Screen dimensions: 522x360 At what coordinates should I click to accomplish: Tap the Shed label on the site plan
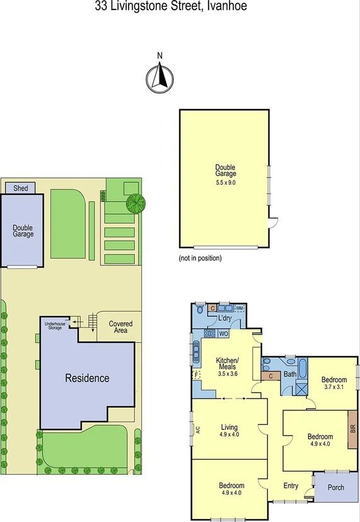pyautogui.click(x=21, y=187)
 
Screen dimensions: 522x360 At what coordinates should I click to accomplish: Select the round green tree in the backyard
pyautogui.click(x=135, y=203)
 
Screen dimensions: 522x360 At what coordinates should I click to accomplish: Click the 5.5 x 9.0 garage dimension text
pyautogui.click(x=226, y=182)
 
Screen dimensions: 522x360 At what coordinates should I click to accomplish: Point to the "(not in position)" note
pyautogui.click(x=200, y=258)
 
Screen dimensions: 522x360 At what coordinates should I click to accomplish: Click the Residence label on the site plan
pyautogui.click(x=88, y=378)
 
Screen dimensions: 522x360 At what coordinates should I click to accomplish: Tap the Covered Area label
pyautogui.click(x=120, y=327)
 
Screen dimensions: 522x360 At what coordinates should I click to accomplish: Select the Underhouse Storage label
pyautogui.click(x=55, y=325)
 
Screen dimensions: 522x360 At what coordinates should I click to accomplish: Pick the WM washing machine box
pyautogui.click(x=240, y=308)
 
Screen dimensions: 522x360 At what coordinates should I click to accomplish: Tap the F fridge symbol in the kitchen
pyautogui.click(x=196, y=374)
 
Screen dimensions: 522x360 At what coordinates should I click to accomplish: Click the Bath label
pyautogui.click(x=289, y=374)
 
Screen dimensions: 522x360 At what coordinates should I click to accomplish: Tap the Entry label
pyautogui.click(x=291, y=485)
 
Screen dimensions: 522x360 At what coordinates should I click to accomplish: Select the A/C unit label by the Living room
pyautogui.click(x=196, y=432)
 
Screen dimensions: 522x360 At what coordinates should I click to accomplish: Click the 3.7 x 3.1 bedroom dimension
pyautogui.click(x=334, y=387)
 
